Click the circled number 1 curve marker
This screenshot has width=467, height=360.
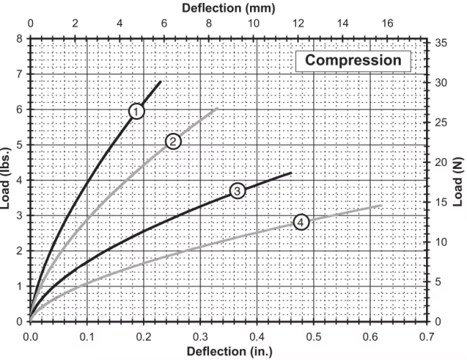coord(137,111)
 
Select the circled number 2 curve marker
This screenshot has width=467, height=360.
coord(173,142)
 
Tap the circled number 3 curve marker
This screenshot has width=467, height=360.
coord(238,190)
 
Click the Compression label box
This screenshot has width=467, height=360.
coord(353,60)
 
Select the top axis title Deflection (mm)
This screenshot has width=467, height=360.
coord(228,8)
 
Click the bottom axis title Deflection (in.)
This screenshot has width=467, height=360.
coord(228,351)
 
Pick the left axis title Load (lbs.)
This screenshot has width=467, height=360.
coord(6,180)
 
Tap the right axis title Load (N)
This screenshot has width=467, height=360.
coord(460,180)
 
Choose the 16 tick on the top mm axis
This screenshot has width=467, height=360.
coord(387,23)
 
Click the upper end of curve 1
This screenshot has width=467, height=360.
coord(161,81)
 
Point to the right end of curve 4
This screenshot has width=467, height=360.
coord(382,206)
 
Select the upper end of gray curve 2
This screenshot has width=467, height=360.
coord(217,109)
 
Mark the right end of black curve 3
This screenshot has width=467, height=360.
coord(291,172)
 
